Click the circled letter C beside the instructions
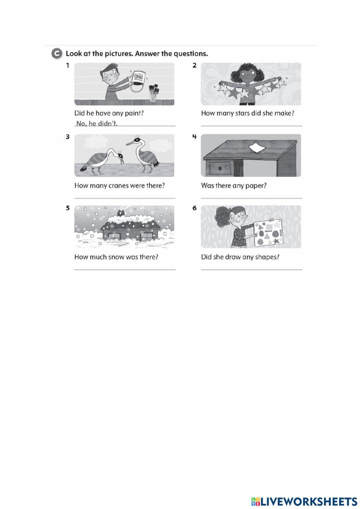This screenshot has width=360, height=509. (57, 54)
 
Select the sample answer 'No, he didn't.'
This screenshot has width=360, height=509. (97, 124)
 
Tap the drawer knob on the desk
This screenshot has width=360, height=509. (219, 168)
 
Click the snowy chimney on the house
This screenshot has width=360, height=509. (121, 213)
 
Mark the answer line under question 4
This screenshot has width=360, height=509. (251, 198)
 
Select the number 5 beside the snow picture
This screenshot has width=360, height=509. (68, 208)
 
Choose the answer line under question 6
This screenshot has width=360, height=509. (251, 269)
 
